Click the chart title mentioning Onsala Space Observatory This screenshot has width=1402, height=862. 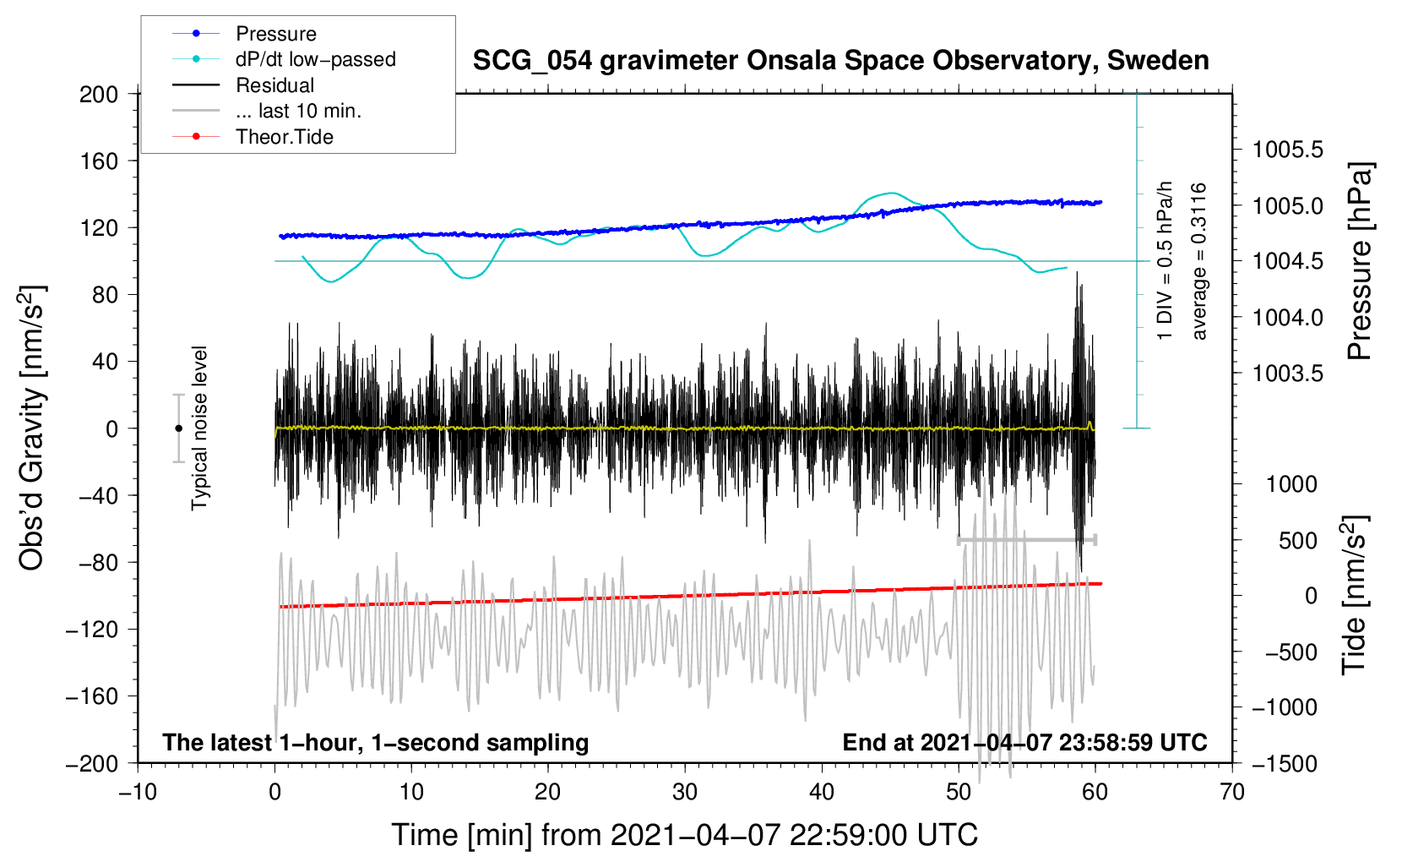(840, 61)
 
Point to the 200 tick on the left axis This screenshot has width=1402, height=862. (99, 94)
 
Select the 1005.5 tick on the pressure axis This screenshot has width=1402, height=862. (1288, 150)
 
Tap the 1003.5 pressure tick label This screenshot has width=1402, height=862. (1288, 374)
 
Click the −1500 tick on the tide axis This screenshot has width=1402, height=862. (1285, 763)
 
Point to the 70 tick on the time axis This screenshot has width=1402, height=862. (1232, 792)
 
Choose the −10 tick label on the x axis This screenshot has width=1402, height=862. (138, 792)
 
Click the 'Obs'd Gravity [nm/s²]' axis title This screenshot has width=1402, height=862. (32, 428)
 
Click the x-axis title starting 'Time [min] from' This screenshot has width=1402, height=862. (685, 835)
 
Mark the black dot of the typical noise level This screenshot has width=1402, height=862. (178, 428)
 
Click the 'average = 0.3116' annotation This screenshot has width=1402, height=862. (1199, 262)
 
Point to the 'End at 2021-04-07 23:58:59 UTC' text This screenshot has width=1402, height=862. (1024, 743)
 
